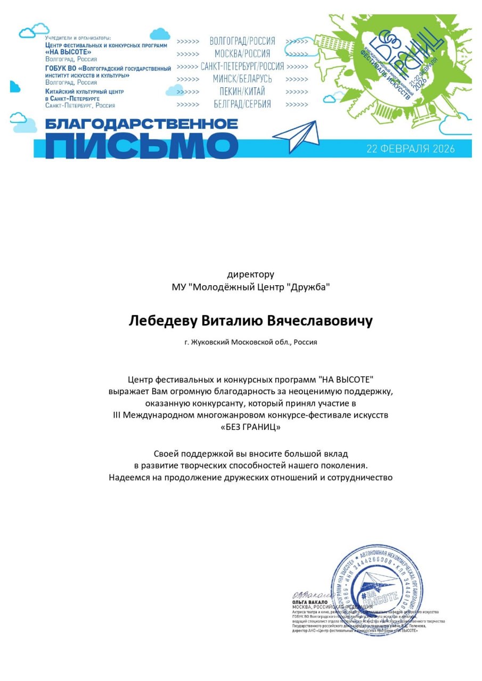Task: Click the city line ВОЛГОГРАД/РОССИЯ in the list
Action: (242, 41)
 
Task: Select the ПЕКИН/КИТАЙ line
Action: (242, 92)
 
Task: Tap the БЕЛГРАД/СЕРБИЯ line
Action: (242, 104)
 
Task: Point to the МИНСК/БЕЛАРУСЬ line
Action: (242, 79)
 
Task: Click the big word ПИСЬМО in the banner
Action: (141, 145)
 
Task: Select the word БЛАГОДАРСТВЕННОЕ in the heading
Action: (141, 124)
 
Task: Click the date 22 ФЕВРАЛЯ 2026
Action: (410, 148)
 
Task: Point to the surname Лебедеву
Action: (163, 321)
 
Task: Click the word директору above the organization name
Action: (250, 275)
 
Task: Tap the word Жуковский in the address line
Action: (210, 342)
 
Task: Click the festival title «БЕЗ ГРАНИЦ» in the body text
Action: (250, 427)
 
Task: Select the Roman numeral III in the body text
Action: (117, 415)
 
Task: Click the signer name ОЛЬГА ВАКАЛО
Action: (309, 602)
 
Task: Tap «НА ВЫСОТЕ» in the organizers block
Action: (68, 52)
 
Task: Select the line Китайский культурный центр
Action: (84, 92)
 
